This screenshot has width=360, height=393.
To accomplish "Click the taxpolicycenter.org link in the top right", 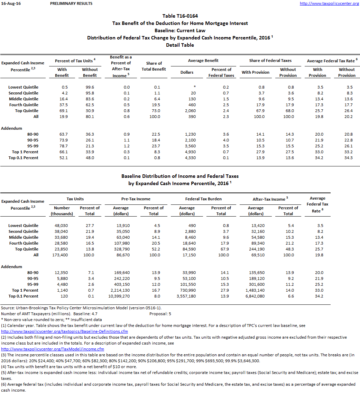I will (x=329, y=3).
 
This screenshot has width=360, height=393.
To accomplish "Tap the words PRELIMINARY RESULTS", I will (x=71, y=3).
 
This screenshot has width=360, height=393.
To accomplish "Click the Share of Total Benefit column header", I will (x=154, y=66).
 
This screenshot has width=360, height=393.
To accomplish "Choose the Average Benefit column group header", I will (x=203, y=61).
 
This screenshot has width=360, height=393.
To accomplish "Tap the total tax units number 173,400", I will (x=61, y=255).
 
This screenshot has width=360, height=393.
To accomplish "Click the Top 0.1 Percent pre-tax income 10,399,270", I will (x=119, y=296).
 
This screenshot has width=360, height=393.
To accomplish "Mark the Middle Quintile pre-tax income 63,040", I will (x=121, y=237).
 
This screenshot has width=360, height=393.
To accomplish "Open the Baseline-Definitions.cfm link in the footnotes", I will (x=65, y=331).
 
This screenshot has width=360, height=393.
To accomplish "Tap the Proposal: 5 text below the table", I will (x=160, y=314).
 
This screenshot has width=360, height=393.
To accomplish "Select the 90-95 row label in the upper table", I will (x=33, y=140).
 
